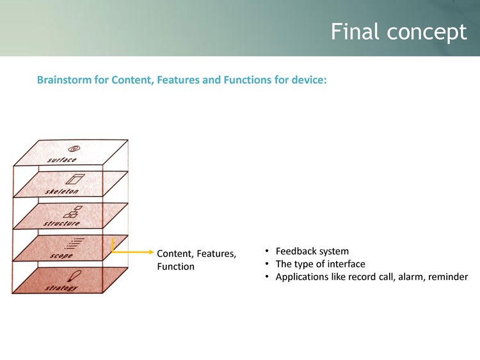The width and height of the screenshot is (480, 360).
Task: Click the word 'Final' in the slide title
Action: click(352, 31)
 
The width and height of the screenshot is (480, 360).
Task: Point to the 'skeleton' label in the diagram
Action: click(62, 191)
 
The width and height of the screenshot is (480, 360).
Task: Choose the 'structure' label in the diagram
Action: click(63, 223)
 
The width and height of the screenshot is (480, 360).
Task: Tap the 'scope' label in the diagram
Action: click(61, 256)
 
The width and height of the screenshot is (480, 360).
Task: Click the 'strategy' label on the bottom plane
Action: click(61, 288)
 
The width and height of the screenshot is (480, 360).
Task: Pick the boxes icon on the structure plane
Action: click(77, 212)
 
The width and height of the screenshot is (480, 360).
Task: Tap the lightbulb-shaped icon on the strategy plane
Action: click(76, 276)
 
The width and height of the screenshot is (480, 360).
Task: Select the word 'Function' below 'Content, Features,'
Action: click(175, 266)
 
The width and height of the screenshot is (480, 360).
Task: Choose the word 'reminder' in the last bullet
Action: click(449, 276)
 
